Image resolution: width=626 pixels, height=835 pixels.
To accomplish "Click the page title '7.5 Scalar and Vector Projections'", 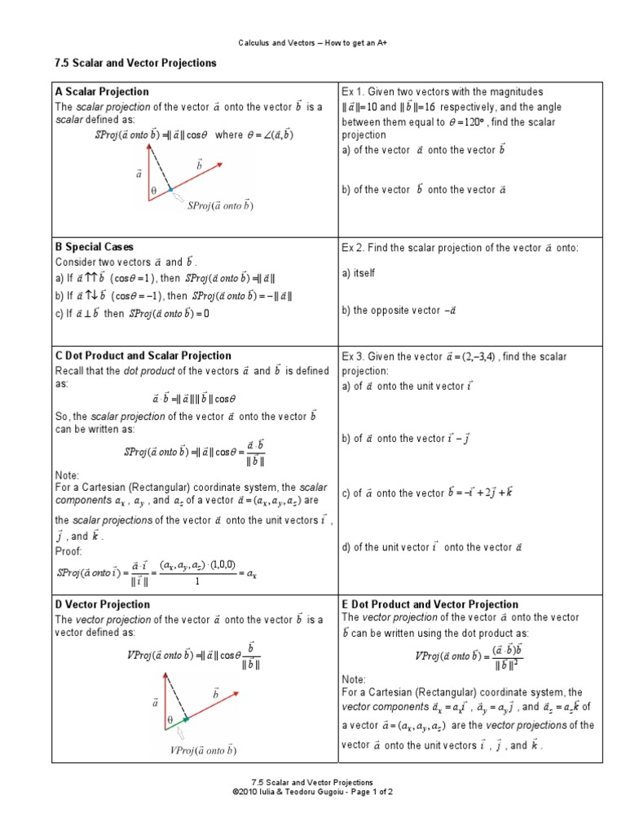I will [134, 64].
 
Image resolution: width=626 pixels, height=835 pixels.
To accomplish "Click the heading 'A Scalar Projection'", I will [102, 92].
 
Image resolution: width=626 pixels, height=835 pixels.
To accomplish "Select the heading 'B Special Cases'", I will [95, 247].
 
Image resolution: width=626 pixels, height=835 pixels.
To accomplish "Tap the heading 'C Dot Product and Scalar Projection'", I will [143, 356].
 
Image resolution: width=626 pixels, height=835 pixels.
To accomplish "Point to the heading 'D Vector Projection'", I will [102, 605].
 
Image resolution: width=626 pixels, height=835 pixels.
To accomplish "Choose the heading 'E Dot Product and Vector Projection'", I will [430, 605].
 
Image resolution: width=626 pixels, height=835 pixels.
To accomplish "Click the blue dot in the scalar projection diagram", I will [170, 189].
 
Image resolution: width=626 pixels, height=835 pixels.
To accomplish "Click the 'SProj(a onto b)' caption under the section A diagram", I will [220, 206].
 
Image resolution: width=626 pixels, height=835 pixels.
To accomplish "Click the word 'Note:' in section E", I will [355, 678].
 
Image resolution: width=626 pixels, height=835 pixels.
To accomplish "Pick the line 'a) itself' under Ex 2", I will [359, 274].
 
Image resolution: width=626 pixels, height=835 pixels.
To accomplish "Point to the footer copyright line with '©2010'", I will [312, 792].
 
